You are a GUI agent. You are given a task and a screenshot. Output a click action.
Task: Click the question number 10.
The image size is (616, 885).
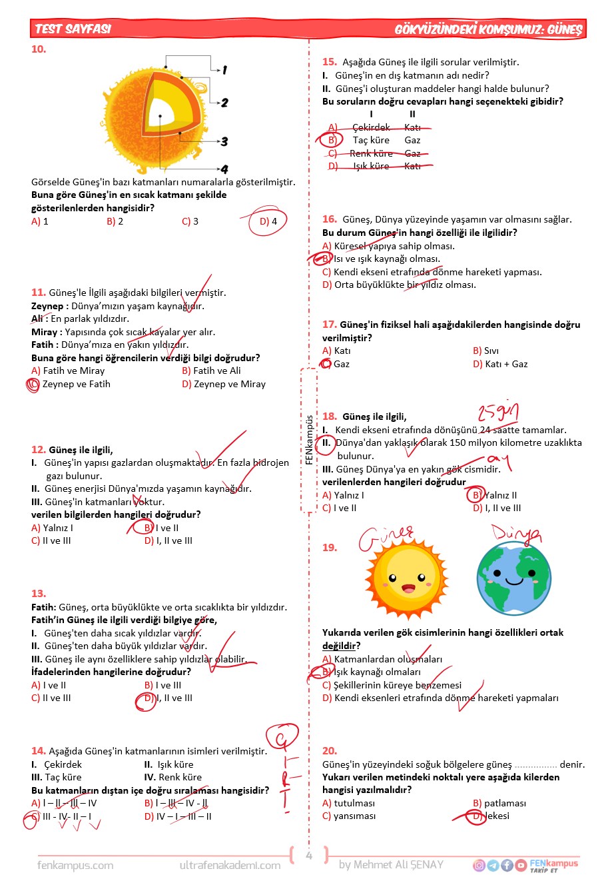point(39,49)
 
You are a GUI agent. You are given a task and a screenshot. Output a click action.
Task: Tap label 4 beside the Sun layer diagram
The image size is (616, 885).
point(224,169)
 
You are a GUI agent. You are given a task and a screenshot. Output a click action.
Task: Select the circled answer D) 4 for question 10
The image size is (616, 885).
point(268,221)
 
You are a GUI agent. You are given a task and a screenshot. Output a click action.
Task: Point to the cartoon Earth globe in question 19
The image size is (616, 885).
point(513,577)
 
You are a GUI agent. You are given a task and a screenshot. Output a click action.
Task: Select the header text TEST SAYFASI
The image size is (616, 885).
point(73,29)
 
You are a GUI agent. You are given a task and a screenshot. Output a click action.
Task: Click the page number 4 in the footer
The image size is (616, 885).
point(308,856)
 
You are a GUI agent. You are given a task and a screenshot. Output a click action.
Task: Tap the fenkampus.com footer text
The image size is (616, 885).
point(75,865)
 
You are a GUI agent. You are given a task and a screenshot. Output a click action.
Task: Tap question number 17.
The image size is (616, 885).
point(329,325)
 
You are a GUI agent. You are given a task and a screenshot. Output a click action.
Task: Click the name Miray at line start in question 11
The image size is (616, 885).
point(44,332)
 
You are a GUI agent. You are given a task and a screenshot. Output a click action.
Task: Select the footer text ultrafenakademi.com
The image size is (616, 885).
point(230,865)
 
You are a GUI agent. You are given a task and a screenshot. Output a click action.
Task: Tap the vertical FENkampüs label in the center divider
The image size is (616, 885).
point(309,440)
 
